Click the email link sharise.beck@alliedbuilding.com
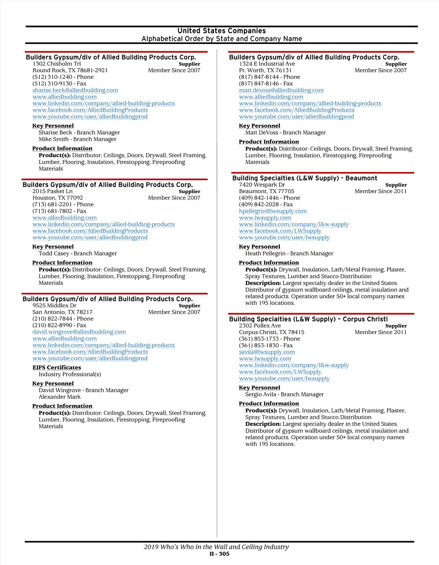(75, 90)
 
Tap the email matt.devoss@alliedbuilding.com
(281, 90)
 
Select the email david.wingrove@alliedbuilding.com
(79, 332)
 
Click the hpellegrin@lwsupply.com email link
(273, 211)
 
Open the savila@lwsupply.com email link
(267, 352)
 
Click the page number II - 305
(219, 554)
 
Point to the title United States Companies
(221, 31)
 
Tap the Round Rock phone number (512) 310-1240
(52, 77)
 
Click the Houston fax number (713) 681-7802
(52, 211)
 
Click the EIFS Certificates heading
(57, 367)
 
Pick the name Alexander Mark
(60, 397)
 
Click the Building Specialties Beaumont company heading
(304, 178)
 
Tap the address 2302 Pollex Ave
(260, 326)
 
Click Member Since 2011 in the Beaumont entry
(380, 191)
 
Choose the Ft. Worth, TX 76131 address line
(265, 70)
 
